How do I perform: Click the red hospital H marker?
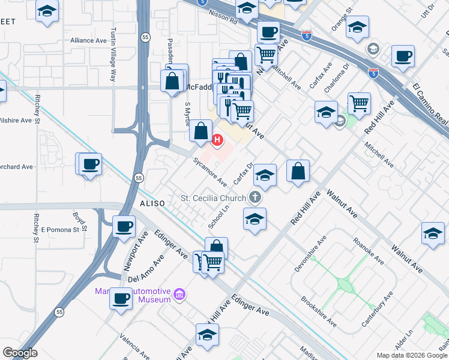click(x=217, y=140)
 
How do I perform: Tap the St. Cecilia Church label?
click(x=214, y=198)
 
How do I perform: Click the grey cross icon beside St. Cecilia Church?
click(x=255, y=197)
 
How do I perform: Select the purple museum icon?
click(x=179, y=294)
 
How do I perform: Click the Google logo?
click(x=20, y=353)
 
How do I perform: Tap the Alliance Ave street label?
click(x=88, y=41)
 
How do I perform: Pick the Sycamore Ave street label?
click(x=209, y=172)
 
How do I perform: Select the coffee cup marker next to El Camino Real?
click(x=403, y=58)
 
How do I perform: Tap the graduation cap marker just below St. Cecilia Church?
click(x=255, y=220)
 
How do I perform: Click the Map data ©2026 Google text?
click(x=411, y=355)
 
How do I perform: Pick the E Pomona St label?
click(x=60, y=230)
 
